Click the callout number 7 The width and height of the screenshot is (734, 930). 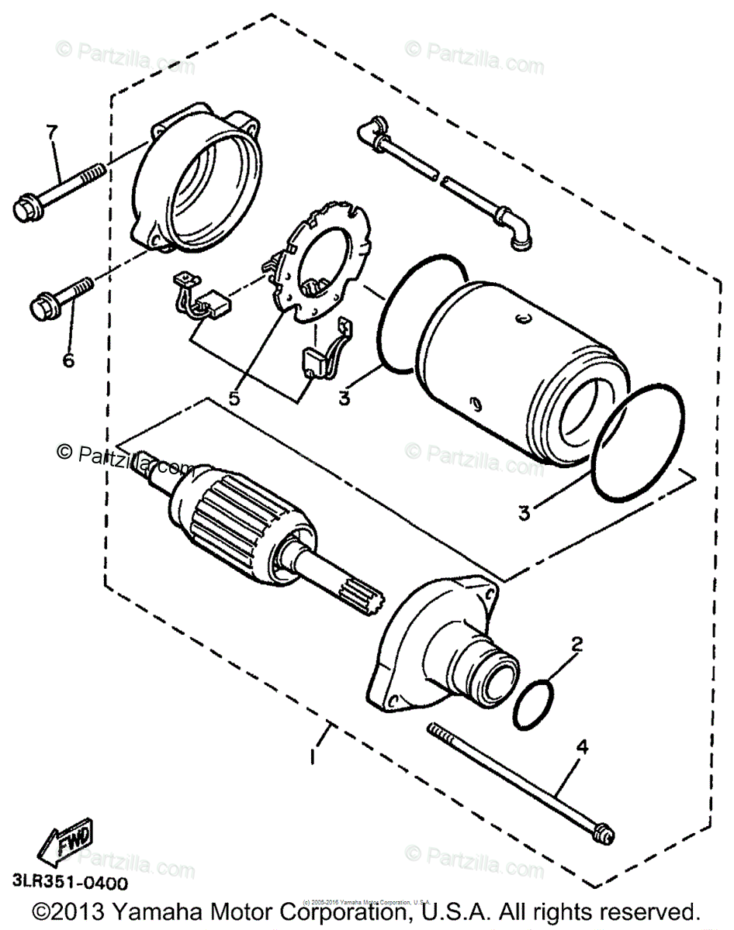coord(51,133)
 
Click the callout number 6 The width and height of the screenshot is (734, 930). coord(68,360)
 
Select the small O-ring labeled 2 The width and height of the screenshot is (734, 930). coord(534,704)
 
